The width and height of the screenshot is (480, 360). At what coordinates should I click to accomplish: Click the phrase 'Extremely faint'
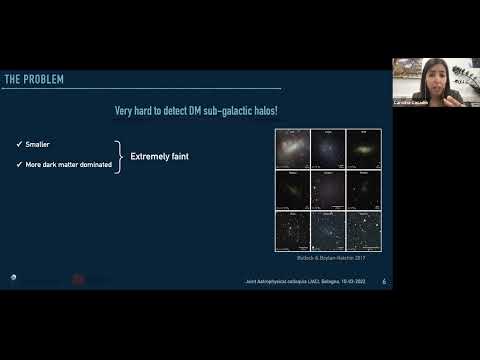coord(160,156)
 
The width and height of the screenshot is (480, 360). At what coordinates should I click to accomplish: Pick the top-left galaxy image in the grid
coord(294,148)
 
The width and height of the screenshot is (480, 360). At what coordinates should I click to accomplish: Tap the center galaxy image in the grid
coord(330,188)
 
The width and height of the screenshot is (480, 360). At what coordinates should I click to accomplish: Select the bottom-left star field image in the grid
coord(294,230)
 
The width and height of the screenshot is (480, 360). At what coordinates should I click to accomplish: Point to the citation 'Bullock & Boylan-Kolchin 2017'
coord(329,258)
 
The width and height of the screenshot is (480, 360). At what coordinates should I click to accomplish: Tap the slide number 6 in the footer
coord(384,282)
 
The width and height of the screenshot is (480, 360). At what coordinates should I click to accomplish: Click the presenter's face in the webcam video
coord(437,75)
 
